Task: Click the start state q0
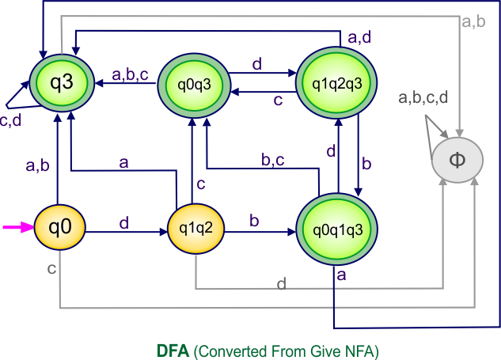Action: (59, 228)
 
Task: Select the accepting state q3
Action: (59, 82)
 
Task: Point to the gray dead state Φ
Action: (457, 159)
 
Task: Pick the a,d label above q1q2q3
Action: (361, 36)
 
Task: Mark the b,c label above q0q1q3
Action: (274, 160)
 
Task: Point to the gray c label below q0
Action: (51, 271)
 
